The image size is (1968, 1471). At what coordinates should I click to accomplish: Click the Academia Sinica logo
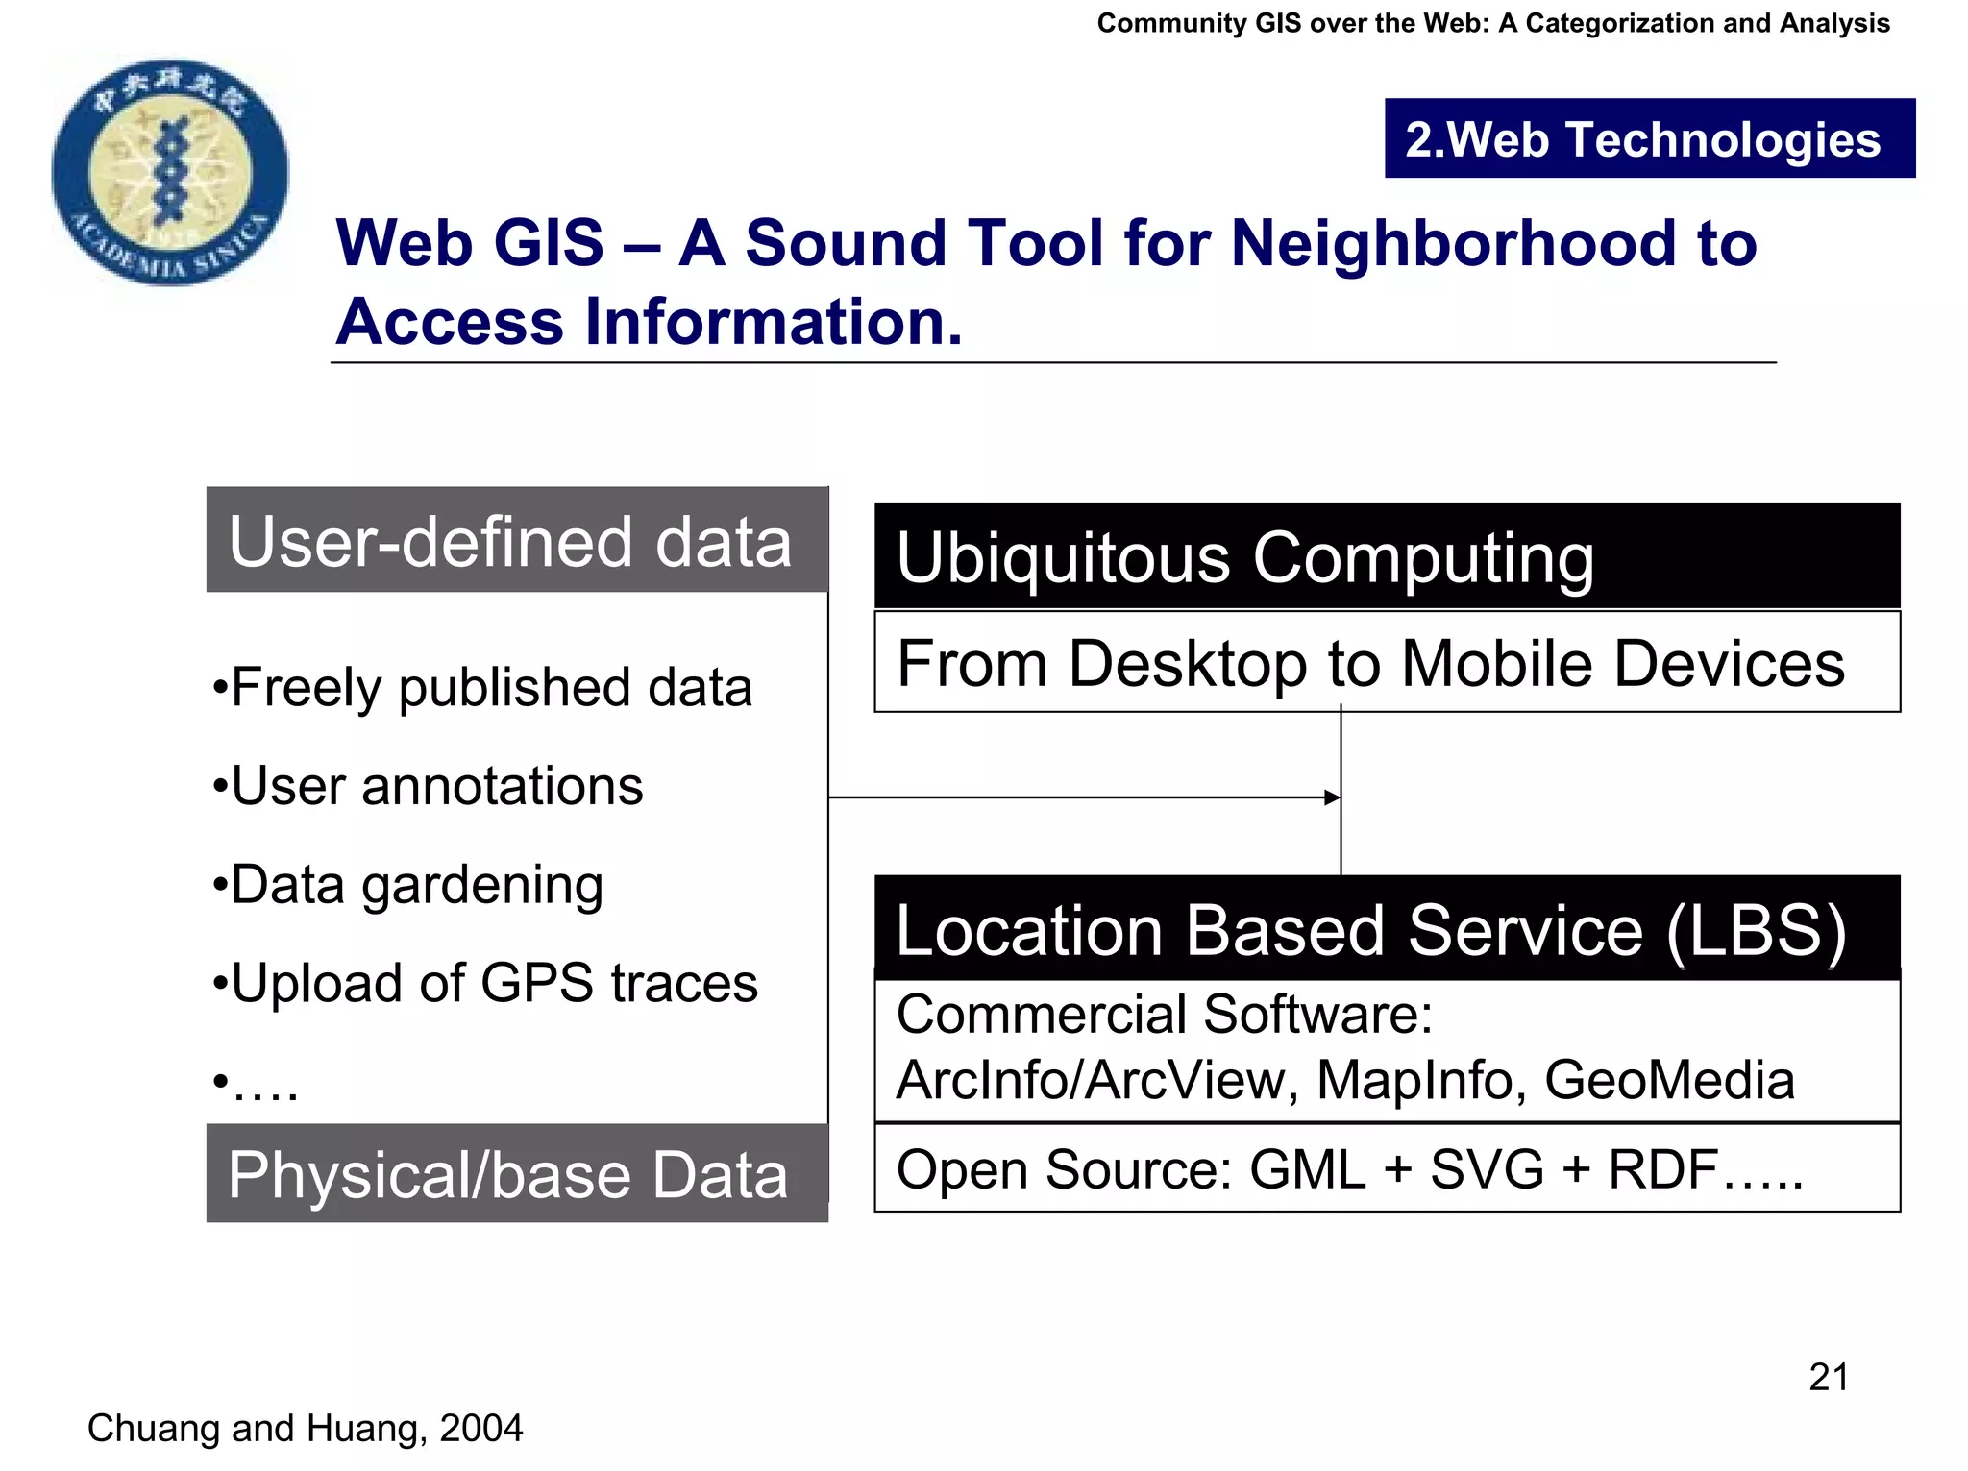[x=170, y=173]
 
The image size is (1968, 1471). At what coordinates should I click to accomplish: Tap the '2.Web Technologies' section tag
[x=1649, y=139]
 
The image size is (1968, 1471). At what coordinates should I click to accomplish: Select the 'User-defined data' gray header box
[x=517, y=541]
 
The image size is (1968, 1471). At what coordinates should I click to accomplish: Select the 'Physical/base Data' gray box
[x=517, y=1173]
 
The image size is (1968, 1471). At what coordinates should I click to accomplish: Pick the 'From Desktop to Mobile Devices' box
[x=1386, y=663]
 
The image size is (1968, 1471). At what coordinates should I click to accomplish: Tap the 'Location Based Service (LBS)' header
[x=1386, y=930]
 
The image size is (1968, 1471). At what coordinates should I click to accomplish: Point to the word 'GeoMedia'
[x=1669, y=1080]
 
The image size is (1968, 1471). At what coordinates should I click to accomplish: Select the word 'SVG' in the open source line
[x=1487, y=1169]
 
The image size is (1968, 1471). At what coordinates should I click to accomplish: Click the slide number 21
[x=1828, y=1377]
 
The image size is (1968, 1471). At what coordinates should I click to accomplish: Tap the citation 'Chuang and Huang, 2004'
[x=306, y=1428]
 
